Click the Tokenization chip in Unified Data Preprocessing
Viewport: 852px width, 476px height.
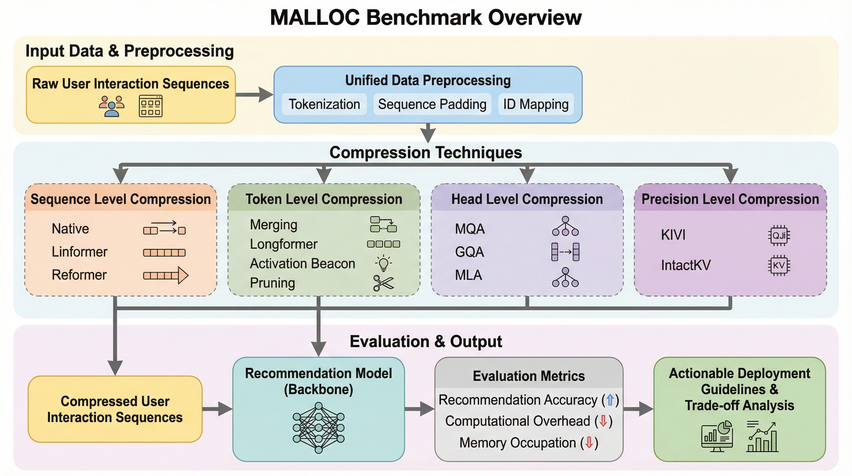(x=324, y=104)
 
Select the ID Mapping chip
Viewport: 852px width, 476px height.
(x=536, y=104)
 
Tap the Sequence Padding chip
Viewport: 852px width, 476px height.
(x=432, y=104)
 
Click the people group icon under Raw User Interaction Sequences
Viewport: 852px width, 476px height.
(x=111, y=106)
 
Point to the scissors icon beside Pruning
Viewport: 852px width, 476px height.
(x=383, y=283)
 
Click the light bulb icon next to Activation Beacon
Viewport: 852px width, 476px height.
(x=383, y=263)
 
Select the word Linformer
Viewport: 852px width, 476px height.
(x=79, y=252)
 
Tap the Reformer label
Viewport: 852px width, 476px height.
(x=79, y=275)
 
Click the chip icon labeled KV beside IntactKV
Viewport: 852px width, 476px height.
(x=779, y=265)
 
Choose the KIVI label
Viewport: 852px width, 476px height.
(x=673, y=235)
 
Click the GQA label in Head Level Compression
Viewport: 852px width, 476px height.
(x=469, y=252)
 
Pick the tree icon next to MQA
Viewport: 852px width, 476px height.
(x=565, y=226)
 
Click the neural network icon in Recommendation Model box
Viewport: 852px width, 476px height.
(x=319, y=427)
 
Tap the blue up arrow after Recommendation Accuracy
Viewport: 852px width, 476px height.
(x=610, y=400)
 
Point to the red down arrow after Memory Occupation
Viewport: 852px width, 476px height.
(x=589, y=443)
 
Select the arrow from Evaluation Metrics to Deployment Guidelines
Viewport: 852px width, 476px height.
(x=638, y=409)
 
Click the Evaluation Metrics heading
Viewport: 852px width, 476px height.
(x=528, y=376)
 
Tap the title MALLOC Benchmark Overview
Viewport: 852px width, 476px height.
(x=426, y=17)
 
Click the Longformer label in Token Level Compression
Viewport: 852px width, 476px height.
(x=284, y=244)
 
